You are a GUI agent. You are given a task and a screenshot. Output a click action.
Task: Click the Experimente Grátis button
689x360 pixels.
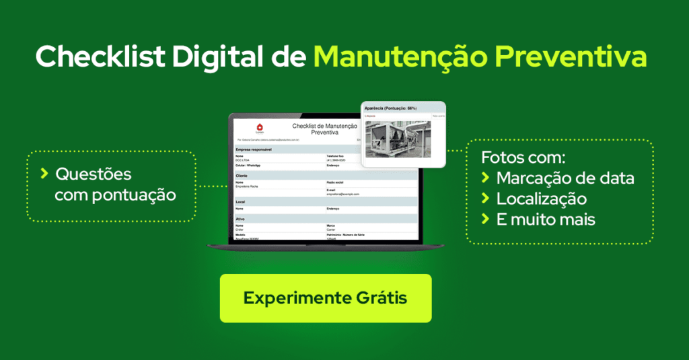click(325, 298)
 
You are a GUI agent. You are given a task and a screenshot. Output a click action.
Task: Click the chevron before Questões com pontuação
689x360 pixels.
click(44, 174)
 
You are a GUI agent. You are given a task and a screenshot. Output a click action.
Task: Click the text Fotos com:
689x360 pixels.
click(523, 158)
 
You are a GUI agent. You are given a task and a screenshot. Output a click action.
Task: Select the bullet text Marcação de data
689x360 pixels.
click(565, 178)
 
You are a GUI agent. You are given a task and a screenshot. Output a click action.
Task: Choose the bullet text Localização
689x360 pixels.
click(542, 199)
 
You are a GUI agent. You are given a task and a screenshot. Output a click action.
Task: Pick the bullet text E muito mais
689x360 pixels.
click(546, 219)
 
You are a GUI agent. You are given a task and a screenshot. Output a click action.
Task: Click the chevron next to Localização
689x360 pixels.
click(485, 199)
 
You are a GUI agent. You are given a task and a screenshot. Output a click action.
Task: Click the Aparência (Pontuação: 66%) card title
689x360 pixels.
click(391, 108)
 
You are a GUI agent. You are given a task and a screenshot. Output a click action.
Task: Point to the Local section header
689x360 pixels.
click(241, 201)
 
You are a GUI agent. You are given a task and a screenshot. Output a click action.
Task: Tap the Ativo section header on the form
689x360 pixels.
click(240, 218)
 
